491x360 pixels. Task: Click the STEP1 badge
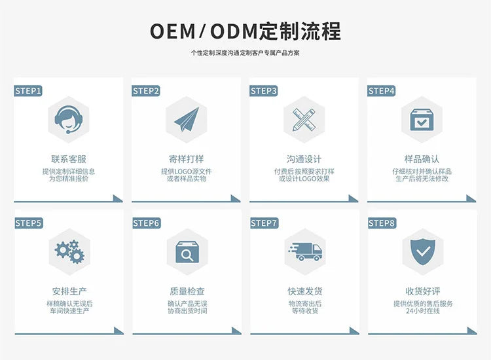pos(28,91)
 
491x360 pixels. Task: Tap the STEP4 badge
pos(382,91)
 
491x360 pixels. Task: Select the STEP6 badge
pos(146,223)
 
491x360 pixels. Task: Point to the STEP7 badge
pos(264,223)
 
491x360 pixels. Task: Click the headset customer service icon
pos(68,119)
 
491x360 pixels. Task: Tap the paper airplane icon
pos(186,119)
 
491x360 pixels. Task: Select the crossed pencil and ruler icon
pos(304,119)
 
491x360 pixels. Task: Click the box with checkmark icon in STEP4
pos(422,119)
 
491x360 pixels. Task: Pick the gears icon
pos(68,251)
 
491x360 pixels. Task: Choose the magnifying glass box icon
pos(186,251)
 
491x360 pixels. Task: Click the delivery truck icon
pos(304,251)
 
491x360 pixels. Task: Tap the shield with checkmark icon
pos(422,251)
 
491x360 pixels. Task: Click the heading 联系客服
pos(68,159)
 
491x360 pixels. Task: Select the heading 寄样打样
pos(186,159)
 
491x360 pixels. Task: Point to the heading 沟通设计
pos(304,159)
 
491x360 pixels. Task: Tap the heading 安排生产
pos(68,291)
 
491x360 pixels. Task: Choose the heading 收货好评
pos(422,291)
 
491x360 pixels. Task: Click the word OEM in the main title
pos(173,31)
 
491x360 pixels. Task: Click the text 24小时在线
pos(422,311)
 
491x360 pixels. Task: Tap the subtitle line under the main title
pos(245,52)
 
